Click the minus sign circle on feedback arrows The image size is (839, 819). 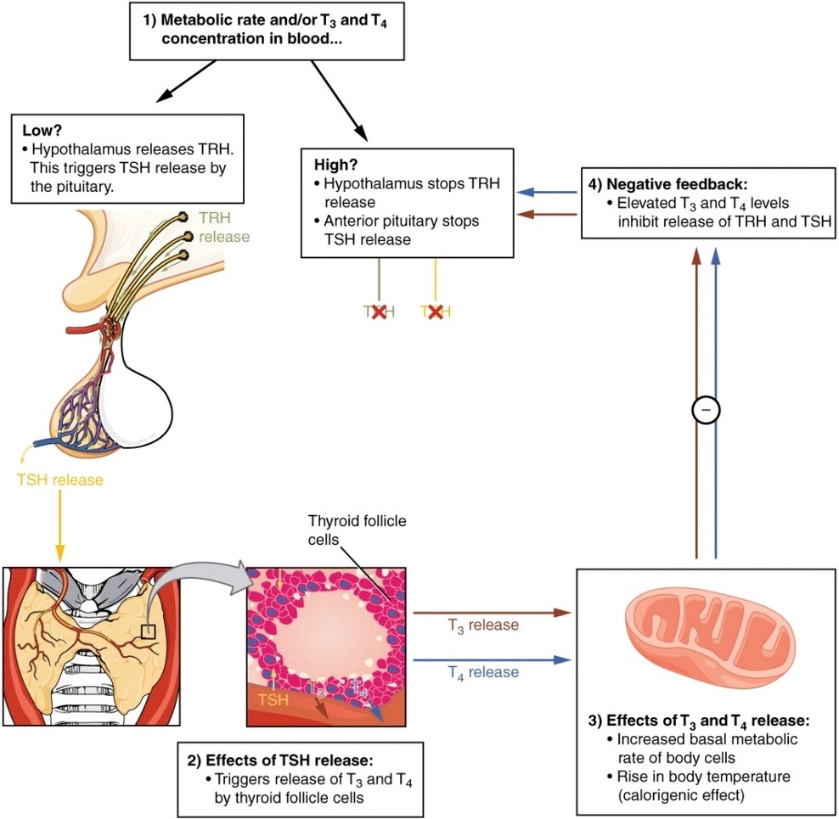pos(706,409)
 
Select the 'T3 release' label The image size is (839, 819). pos(483,625)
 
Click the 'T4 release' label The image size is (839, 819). pos(483,672)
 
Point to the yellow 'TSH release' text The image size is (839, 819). pos(59,480)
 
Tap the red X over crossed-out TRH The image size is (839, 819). pos(379,312)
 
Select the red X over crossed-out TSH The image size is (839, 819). pos(436,312)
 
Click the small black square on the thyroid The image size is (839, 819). pos(149,631)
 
